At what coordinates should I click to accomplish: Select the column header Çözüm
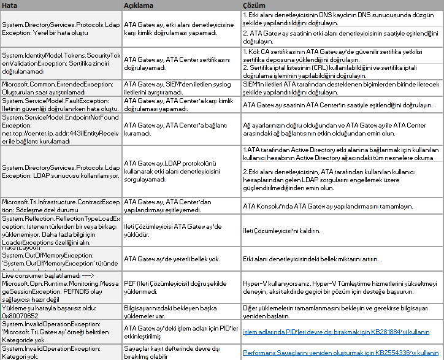[x=254, y=5]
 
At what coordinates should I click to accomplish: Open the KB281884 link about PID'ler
[x=336, y=332]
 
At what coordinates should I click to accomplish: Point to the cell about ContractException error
[x=61, y=205]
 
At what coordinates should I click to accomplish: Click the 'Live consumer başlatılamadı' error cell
[x=61, y=285]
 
